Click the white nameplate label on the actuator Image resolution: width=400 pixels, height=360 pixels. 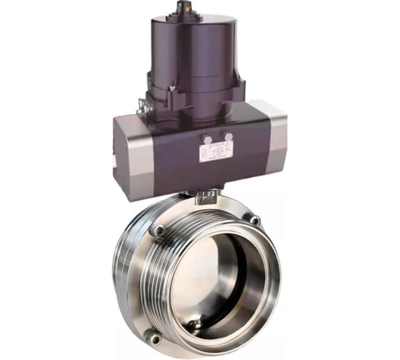click(x=216, y=151)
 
